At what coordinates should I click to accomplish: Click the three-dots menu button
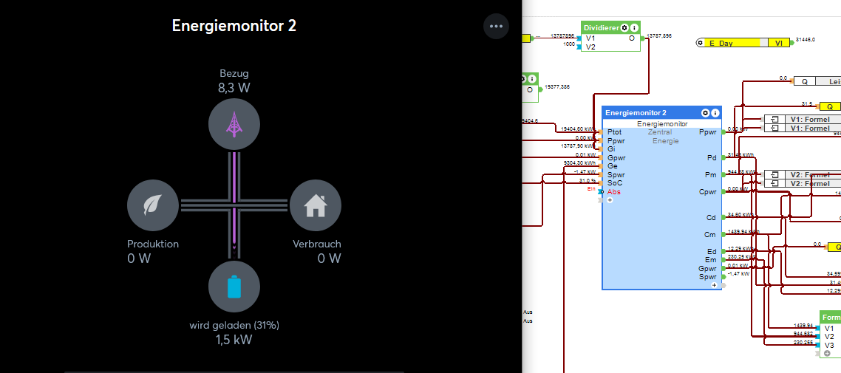click(496, 27)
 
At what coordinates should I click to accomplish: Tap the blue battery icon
click(234, 286)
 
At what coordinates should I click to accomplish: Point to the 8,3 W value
click(234, 88)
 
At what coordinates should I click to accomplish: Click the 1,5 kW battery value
click(234, 340)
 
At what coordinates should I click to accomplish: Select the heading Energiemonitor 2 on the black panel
click(234, 25)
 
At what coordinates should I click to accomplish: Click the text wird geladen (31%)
click(234, 325)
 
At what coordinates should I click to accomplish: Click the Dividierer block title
click(601, 28)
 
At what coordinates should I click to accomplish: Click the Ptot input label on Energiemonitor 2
click(615, 132)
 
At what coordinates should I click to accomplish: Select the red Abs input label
click(614, 192)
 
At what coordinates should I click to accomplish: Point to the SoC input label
click(615, 183)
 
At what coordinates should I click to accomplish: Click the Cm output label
click(709, 235)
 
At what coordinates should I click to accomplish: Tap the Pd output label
click(711, 157)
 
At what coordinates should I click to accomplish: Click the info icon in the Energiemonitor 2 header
click(715, 113)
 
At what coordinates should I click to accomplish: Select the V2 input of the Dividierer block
click(590, 47)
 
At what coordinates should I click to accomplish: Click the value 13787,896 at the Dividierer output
click(659, 35)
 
